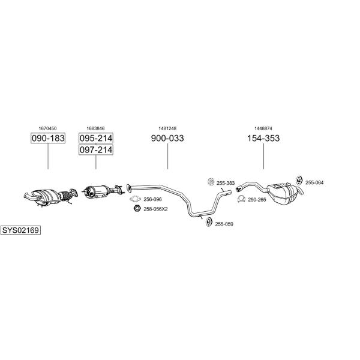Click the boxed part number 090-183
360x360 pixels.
point(48,138)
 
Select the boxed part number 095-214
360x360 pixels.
point(96,138)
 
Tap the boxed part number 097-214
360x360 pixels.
point(96,149)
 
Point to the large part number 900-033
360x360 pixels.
point(167,138)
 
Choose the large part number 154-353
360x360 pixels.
point(263,138)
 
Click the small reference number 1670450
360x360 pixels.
point(47,128)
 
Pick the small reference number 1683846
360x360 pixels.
point(95,128)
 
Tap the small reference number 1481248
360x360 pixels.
point(167,128)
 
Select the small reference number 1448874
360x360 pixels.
point(263,128)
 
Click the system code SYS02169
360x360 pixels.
point(20,230)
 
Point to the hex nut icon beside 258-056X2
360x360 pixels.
point(137,208)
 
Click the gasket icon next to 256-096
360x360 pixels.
point(135,199)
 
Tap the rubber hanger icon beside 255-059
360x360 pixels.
point(209,222)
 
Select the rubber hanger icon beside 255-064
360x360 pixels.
point(299,181)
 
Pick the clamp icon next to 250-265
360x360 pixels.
point(241,199)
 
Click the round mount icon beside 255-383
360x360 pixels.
point(211,182)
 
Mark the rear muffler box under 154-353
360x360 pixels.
point(284,193)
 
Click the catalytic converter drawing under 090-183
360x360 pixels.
point(51,197)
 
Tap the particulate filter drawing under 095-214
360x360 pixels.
point(103,191)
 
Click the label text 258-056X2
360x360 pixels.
point(155,209)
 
